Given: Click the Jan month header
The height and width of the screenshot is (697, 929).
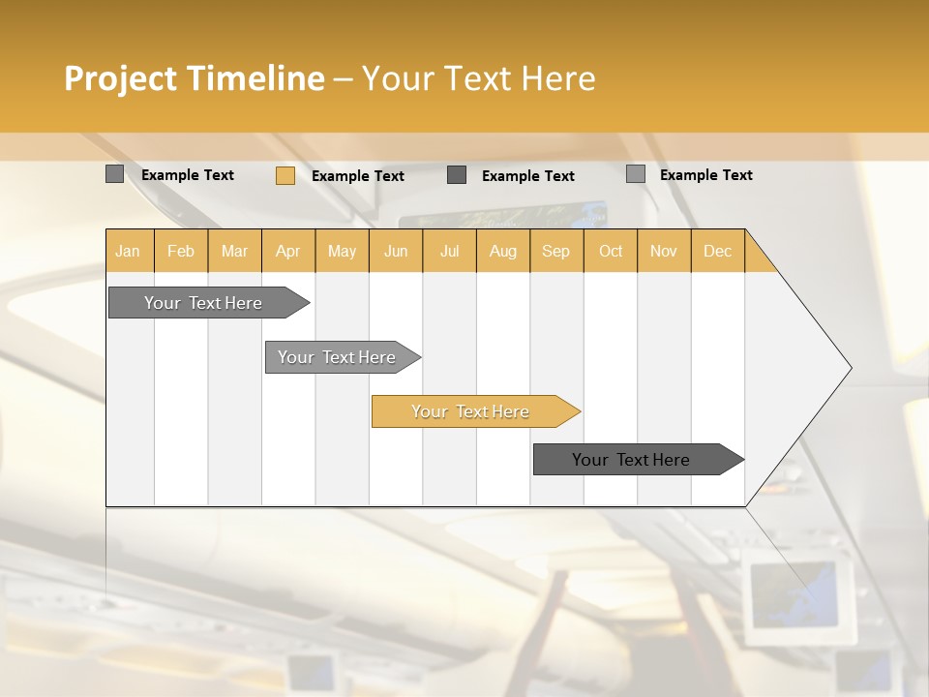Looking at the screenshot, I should pyautogui.click(x=129, y=251).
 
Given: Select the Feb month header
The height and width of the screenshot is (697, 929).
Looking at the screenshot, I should pyautogui.click(x=181, y=251).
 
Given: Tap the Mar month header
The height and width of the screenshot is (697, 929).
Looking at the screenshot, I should pyautogui.click(x=234, y=251).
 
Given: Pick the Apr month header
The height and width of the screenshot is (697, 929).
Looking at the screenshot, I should pyautogui.click(x=288, y=251).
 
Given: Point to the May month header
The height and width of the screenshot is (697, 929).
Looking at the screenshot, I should pyautogui.click(x=342, y=251).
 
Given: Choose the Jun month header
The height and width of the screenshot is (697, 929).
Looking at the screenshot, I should pyautogui.click(x=396, y=251).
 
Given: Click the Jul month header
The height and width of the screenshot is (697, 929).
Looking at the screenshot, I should pyautogui.click(x=449, y=251).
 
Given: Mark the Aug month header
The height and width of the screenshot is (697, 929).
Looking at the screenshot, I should pyautogui.click(x=503, y=251).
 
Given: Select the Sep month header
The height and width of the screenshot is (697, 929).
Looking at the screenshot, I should pyautogui.click(x=556, y=251).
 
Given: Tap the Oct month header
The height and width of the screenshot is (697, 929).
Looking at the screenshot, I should pyautogui.click(x=611, y=251).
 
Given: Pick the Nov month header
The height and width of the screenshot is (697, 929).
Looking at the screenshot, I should pyautogui.click(x=664, y=251).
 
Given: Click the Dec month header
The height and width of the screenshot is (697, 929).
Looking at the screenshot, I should pyautogui.click(x=717, y=251).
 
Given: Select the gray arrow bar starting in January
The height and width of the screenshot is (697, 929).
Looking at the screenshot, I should pyautogui.click(x=204, y=303).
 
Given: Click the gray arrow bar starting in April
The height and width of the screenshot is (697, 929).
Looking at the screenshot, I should pyautogui.click(x=338, y=357).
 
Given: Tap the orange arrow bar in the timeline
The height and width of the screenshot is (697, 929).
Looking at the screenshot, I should pyautogui.click(x=471, y=411).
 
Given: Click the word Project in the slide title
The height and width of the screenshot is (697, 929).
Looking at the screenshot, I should pyautogui.click(x=120, y=78).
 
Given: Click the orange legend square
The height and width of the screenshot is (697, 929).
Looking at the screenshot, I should pyautogui.click(x=285, y=175).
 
